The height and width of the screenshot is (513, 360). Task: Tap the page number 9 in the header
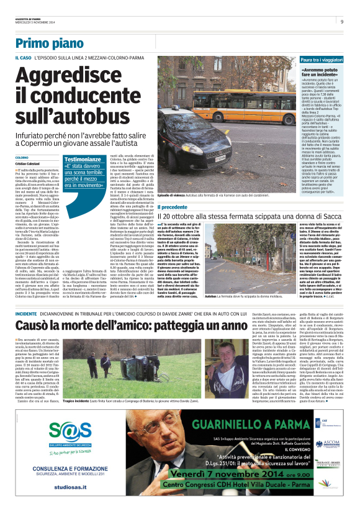pos(342,21)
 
